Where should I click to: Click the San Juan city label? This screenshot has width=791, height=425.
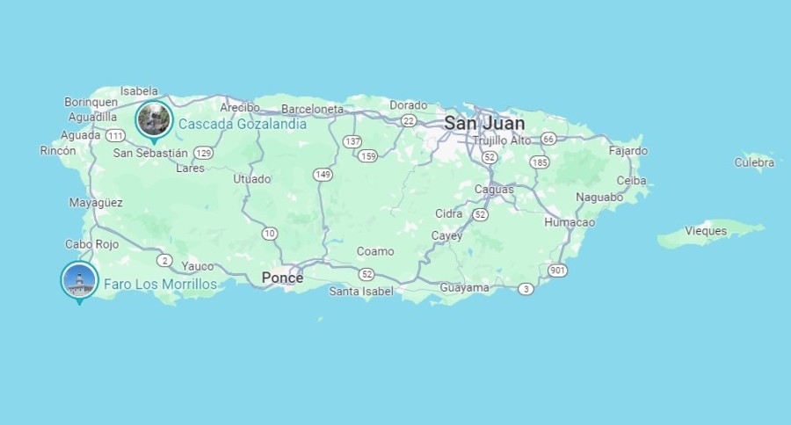click(484, 123)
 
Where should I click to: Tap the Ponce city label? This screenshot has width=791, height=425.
click(282, 277)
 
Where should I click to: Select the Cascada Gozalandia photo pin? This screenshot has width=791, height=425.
click(154, 119)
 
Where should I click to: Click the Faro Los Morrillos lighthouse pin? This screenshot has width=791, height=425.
click(79, 280)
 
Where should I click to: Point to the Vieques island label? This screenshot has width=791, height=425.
click(706, 231)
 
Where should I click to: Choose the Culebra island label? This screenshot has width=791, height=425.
click(754, 162)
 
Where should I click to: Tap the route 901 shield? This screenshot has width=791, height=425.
click(557, 270)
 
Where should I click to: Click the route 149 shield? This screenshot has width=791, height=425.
click(323, 175)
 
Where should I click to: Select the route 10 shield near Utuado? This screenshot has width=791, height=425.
click(269, 234)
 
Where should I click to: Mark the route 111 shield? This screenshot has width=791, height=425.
click(115, 136)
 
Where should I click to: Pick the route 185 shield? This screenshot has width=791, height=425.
click(540, 162)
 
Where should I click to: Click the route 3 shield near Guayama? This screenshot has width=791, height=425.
click(526, 289)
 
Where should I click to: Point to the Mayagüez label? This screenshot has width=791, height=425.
click(96, 203)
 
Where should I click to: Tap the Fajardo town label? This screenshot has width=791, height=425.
click(628, 150)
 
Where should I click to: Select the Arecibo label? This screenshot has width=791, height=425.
click(240, 107)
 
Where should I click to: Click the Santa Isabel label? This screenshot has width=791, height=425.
click(361, 291)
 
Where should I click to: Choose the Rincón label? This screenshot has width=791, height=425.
click(58, 150)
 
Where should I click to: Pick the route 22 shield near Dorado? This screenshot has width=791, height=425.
click(408, 120)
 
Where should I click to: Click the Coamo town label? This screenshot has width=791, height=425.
click(375, 251)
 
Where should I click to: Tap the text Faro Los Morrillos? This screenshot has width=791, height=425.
click(160, 284)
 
